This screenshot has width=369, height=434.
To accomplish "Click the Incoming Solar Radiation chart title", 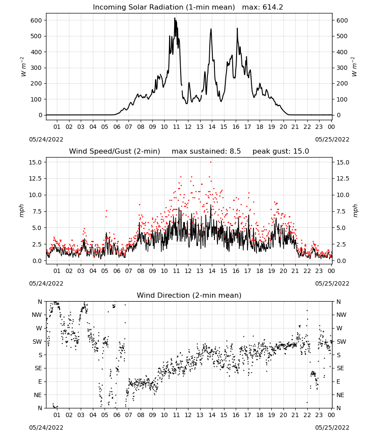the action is (164, 7).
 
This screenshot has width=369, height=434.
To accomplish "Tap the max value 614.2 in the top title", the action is (273, 7).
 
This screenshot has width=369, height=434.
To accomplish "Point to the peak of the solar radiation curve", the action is (175, 18).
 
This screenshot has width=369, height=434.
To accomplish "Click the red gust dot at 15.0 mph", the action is (211, 162).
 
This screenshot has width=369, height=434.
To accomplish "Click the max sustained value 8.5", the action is (235, 151).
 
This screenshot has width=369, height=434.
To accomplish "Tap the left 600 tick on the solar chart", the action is (36, 20).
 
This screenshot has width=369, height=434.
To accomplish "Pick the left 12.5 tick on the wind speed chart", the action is (35, 178).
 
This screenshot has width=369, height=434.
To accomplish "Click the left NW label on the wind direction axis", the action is (36, 315).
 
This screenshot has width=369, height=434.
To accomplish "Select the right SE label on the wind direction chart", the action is (340, 368).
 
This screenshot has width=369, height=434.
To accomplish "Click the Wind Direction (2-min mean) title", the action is (189, 295).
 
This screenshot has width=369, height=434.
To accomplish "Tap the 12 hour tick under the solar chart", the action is (188, 127).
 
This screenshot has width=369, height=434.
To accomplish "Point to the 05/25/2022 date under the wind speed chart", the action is (332, 283).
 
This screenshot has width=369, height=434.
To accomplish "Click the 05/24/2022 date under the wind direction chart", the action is (46, 427).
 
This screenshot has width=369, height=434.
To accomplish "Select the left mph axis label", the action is (22, 210).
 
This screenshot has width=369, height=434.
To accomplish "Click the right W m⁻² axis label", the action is (354, 67).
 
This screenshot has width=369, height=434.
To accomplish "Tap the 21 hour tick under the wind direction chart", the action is (295, 415).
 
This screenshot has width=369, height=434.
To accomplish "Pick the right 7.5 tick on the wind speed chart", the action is (341, 211).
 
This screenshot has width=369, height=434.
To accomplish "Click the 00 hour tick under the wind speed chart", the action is (331, 271).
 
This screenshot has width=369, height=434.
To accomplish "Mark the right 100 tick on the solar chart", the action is (342, 99).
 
